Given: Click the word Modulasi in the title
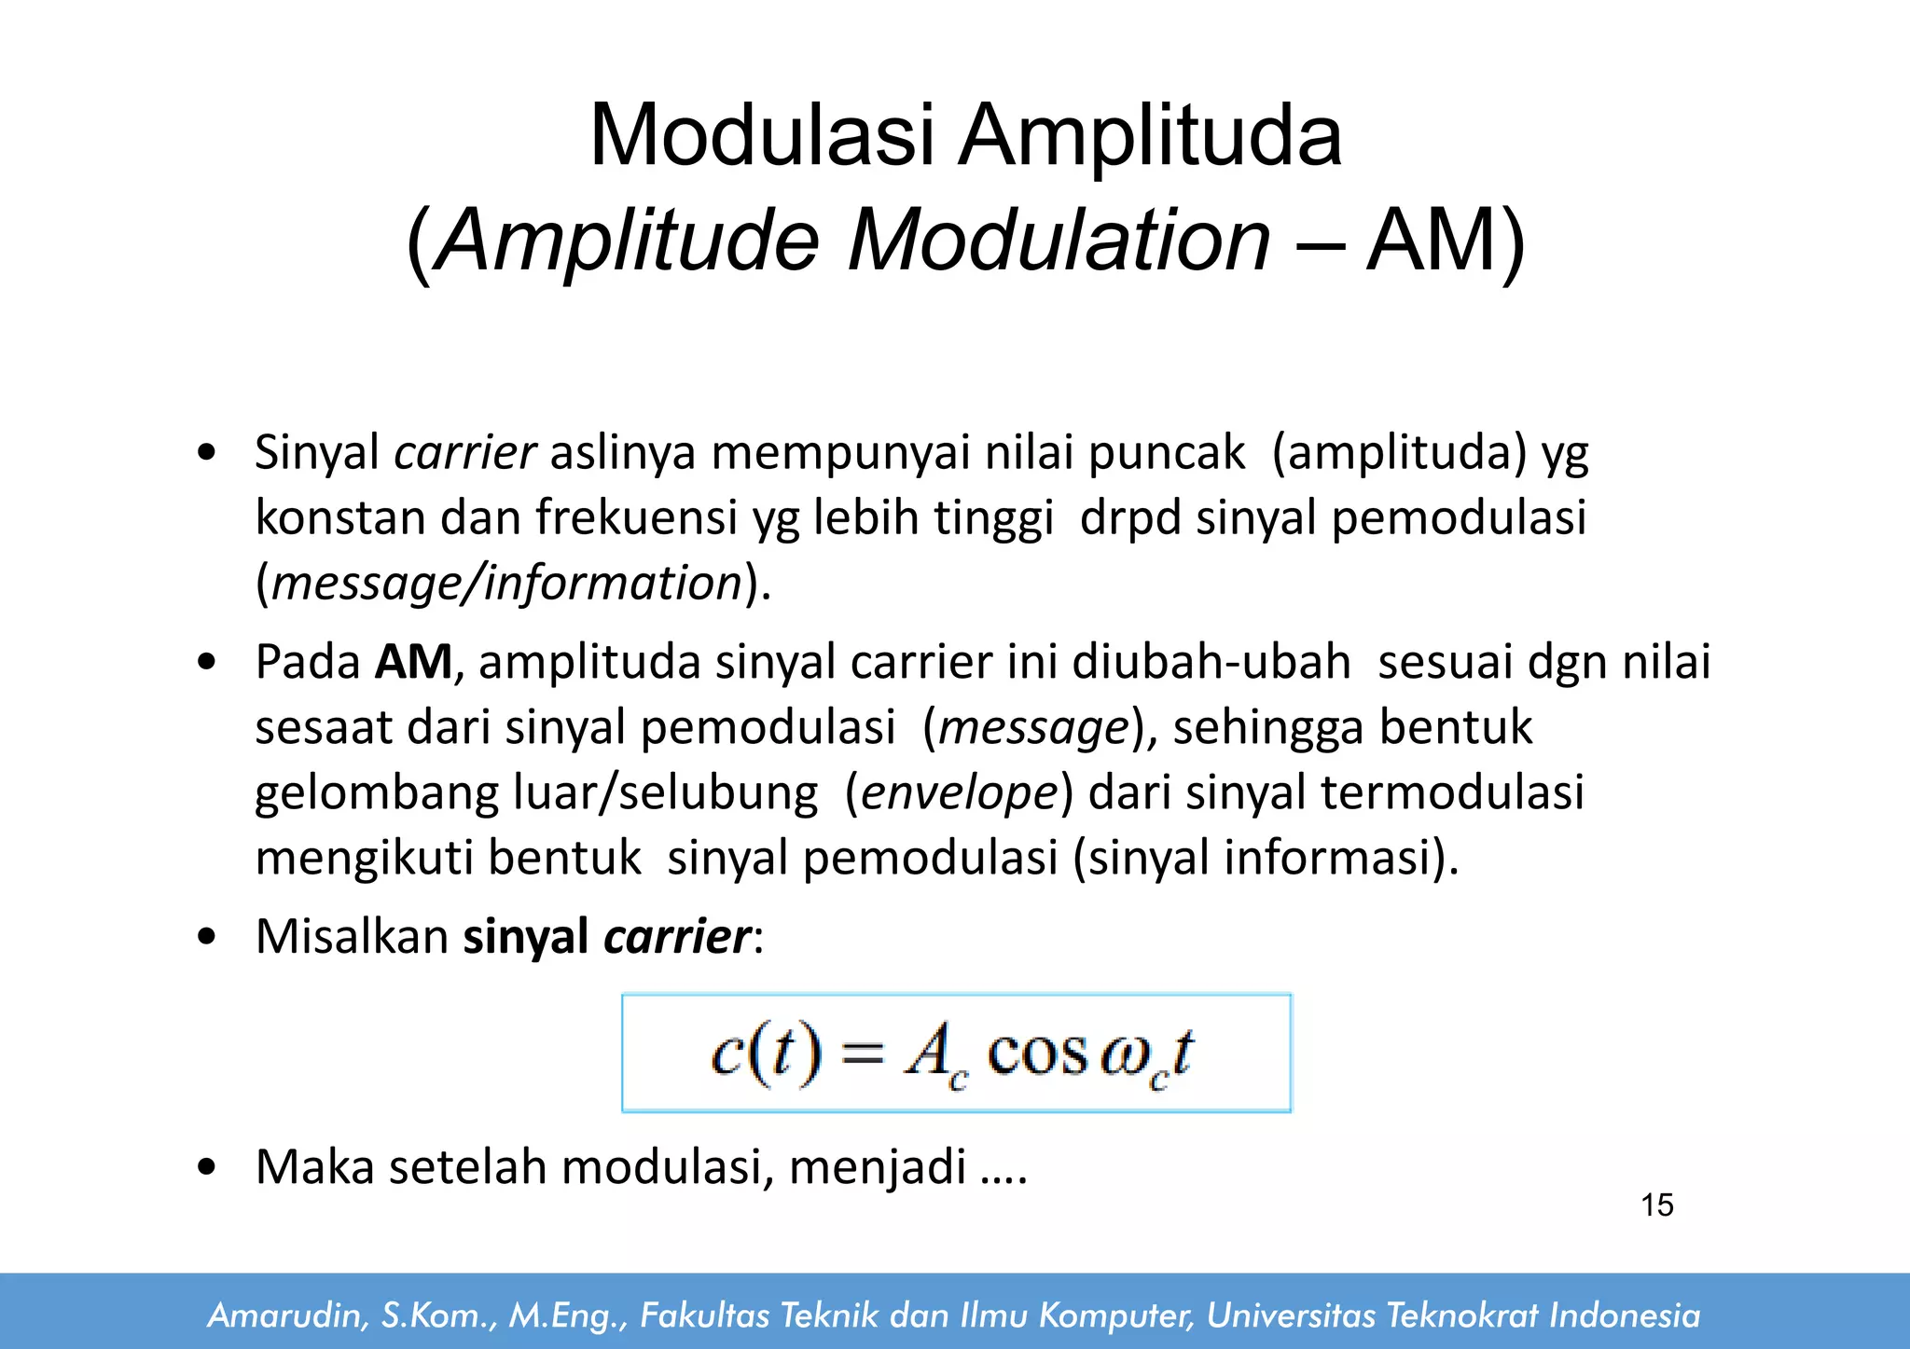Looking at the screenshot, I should coord(761,135).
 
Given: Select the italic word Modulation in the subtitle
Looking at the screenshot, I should coord(1059,241).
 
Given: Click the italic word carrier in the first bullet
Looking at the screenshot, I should coord(464,453).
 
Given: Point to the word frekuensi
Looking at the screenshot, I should coord(636,517).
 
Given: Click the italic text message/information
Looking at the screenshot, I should coord(506,584).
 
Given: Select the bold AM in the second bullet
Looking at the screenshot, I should coord(413,662).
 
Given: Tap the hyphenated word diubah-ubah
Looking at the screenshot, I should coord(1211,662).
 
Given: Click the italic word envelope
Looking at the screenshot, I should coord(960,793).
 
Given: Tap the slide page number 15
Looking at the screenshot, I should coord(1657,1205).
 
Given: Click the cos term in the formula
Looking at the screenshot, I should coord(1037,1053).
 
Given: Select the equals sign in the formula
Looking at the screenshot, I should coord(862,1054).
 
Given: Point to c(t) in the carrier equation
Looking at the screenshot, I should coord(767,1053).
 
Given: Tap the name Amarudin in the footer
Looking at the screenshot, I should coord(285,1315).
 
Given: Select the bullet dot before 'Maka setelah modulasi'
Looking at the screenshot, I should coord(207,1166).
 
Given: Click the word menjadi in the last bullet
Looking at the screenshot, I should coord(878,1166).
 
